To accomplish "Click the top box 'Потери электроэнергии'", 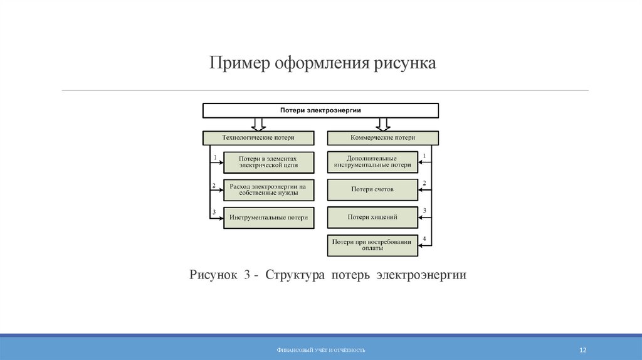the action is [320, 110].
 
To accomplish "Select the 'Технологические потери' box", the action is [258, 138].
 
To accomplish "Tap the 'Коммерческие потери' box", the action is [383, 138].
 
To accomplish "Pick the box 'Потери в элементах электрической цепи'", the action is [268, 162].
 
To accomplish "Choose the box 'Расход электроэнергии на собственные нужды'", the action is [268, 189].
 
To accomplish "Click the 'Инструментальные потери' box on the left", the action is [268, 218].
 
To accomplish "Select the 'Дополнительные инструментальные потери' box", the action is [372, 162].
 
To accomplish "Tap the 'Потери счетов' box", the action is [372, 189].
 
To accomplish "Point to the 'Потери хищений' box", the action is [372, 217].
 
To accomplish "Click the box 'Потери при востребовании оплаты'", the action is [372, 245].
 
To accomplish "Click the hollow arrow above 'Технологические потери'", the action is [258, 125].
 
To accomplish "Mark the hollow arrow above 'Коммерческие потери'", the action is [383, 125].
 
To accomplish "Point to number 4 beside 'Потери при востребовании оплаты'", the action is [424, 239].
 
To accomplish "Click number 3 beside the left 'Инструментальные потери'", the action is [214, 212].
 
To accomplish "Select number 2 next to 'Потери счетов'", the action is [424, 183].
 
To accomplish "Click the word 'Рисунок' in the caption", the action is [213, 275].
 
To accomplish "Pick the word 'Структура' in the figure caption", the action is [295, 275].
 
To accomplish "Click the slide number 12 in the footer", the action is [583, 350].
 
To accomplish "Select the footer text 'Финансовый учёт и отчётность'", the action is [321, 350].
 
